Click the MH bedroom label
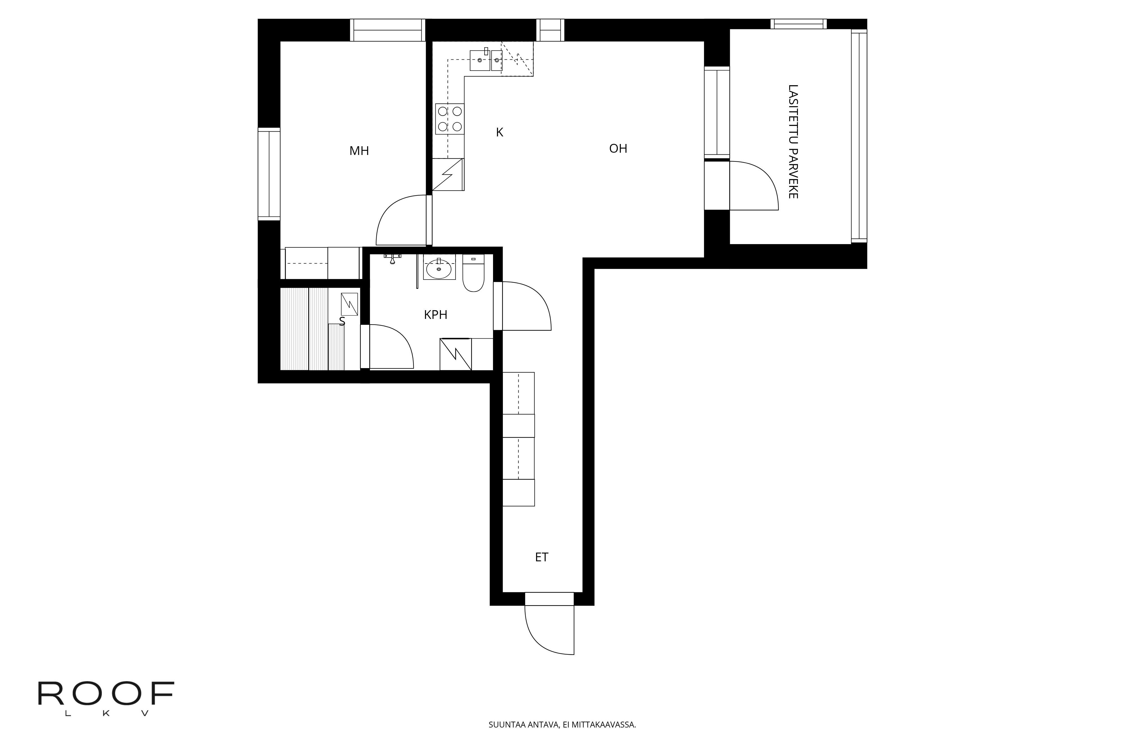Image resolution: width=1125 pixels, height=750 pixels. (x=359, y=151)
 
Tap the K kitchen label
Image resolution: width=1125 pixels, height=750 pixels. (x=500, y=132)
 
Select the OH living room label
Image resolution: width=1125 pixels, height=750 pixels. (x=618, y=149)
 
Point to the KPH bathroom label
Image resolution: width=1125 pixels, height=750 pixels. (x=435, y=315)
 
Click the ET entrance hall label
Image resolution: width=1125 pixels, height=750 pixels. (x=541, y=557)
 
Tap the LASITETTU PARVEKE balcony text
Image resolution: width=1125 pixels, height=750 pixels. (x=793, y=141)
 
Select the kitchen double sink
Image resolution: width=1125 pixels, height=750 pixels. (x=486, y=60)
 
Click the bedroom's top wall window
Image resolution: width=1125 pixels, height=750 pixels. (x=388, y=30)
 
